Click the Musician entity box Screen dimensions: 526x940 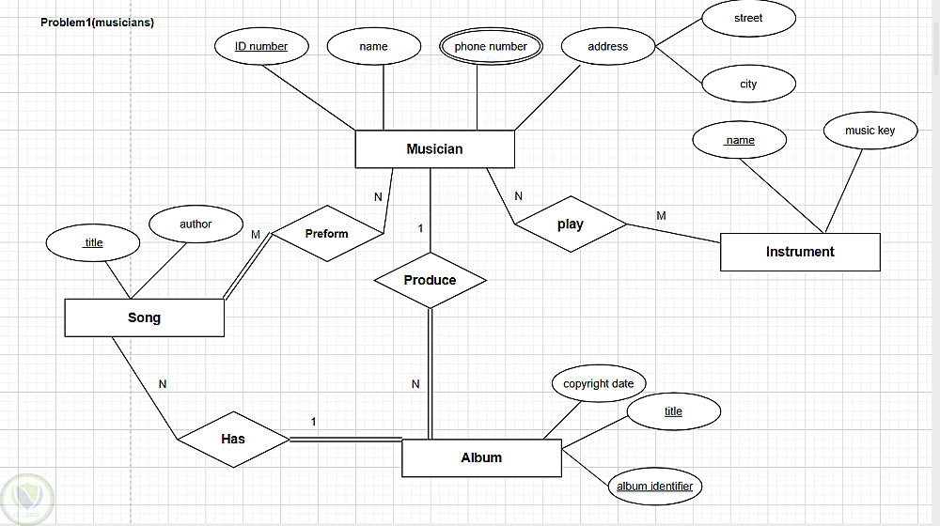434,148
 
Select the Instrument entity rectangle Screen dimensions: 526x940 800,252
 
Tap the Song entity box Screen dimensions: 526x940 144,317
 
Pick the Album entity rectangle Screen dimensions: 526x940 481,457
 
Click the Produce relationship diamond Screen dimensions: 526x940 430,280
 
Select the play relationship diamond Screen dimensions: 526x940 570,224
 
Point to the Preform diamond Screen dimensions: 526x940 327,234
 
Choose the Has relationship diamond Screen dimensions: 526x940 233,439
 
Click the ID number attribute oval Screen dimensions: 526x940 261,46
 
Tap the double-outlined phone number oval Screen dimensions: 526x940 491,46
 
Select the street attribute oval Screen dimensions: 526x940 748,18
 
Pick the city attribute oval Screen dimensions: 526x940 748,84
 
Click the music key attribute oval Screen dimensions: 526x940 869,131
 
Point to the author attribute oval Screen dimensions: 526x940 196,224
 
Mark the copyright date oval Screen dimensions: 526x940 598,383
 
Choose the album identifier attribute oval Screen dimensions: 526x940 654,486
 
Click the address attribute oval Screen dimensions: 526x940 608,46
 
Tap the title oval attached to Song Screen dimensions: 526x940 94,242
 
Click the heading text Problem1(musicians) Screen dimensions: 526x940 97,23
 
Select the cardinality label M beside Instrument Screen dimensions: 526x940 661,216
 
